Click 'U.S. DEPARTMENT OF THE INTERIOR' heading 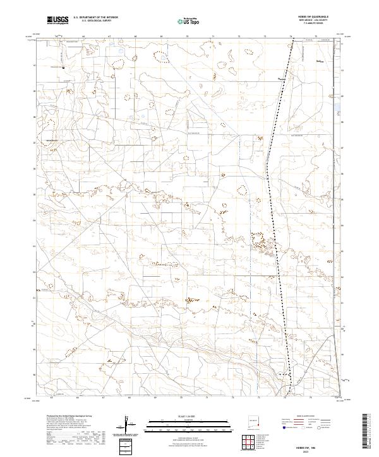[95, 18]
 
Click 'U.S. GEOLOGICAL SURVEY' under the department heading [95, 21]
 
